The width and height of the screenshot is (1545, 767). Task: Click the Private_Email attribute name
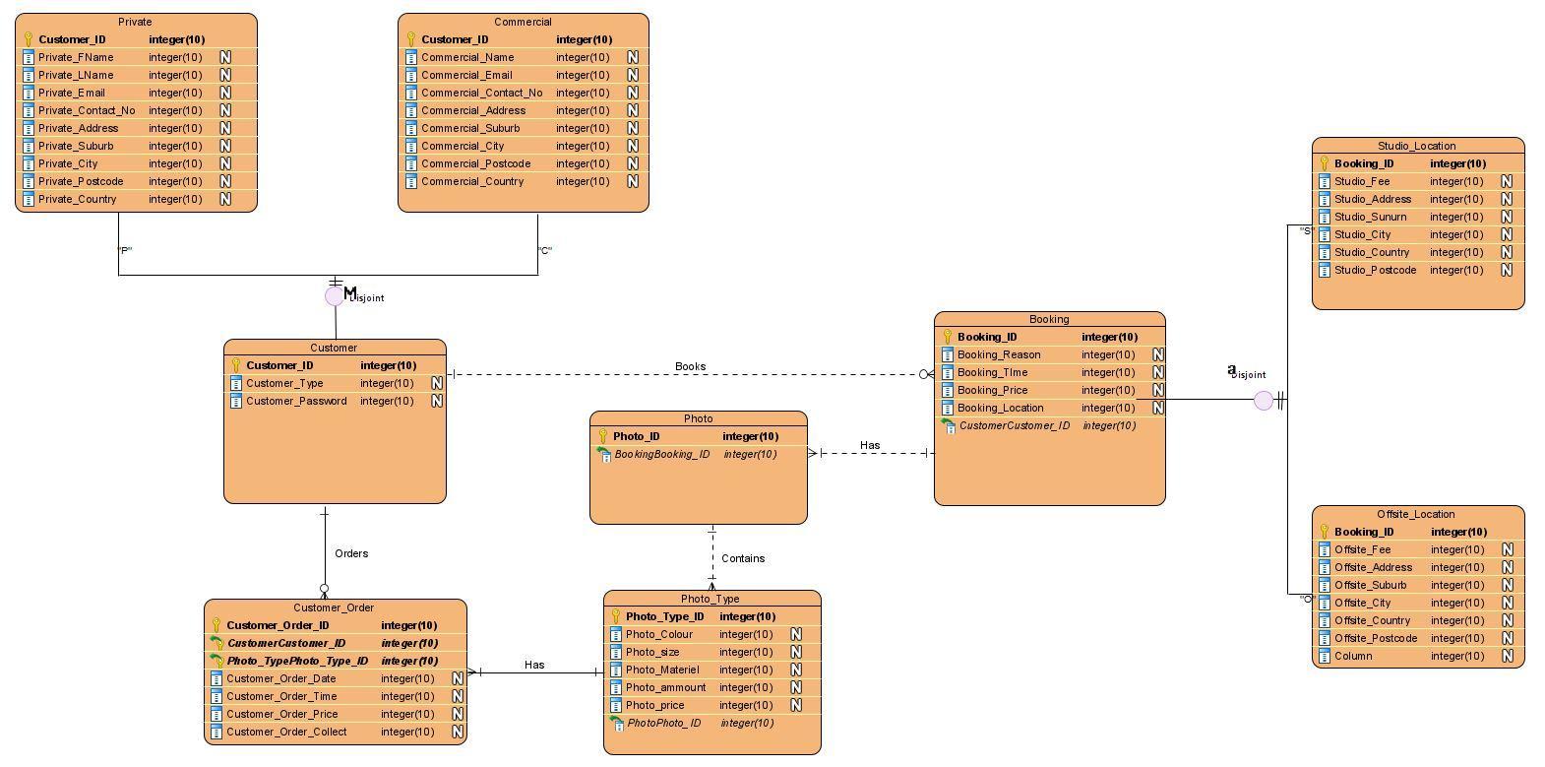pos(72,93)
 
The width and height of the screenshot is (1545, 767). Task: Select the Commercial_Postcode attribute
pos(475,163)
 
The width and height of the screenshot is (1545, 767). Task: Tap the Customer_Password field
pos(295,401)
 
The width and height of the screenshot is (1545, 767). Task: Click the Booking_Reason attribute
pos(998,354)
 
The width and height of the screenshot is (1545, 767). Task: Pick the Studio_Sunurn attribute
pos(1370,217)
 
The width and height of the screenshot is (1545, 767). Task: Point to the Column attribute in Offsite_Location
pos(1352,656)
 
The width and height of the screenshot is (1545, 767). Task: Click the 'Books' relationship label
pos(690,366)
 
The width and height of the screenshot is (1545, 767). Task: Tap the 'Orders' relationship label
pos(351,553)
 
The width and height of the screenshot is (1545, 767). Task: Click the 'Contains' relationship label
pos(743,558)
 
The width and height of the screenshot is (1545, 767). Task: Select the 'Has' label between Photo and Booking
pos(870,445)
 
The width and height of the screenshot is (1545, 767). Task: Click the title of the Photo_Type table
pos(710,599)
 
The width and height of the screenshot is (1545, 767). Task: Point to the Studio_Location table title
pos(1416,146)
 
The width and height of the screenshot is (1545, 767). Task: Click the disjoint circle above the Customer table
pos(335,296)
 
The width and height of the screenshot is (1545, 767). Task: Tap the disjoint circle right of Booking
pos(1263,401)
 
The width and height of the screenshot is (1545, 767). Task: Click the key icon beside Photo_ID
pos(602,436)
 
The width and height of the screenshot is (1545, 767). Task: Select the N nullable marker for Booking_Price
pos(1157,390)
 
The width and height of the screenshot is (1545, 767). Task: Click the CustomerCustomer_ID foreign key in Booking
pos(1014,425)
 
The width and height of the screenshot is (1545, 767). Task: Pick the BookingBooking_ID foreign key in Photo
pos(661,454)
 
